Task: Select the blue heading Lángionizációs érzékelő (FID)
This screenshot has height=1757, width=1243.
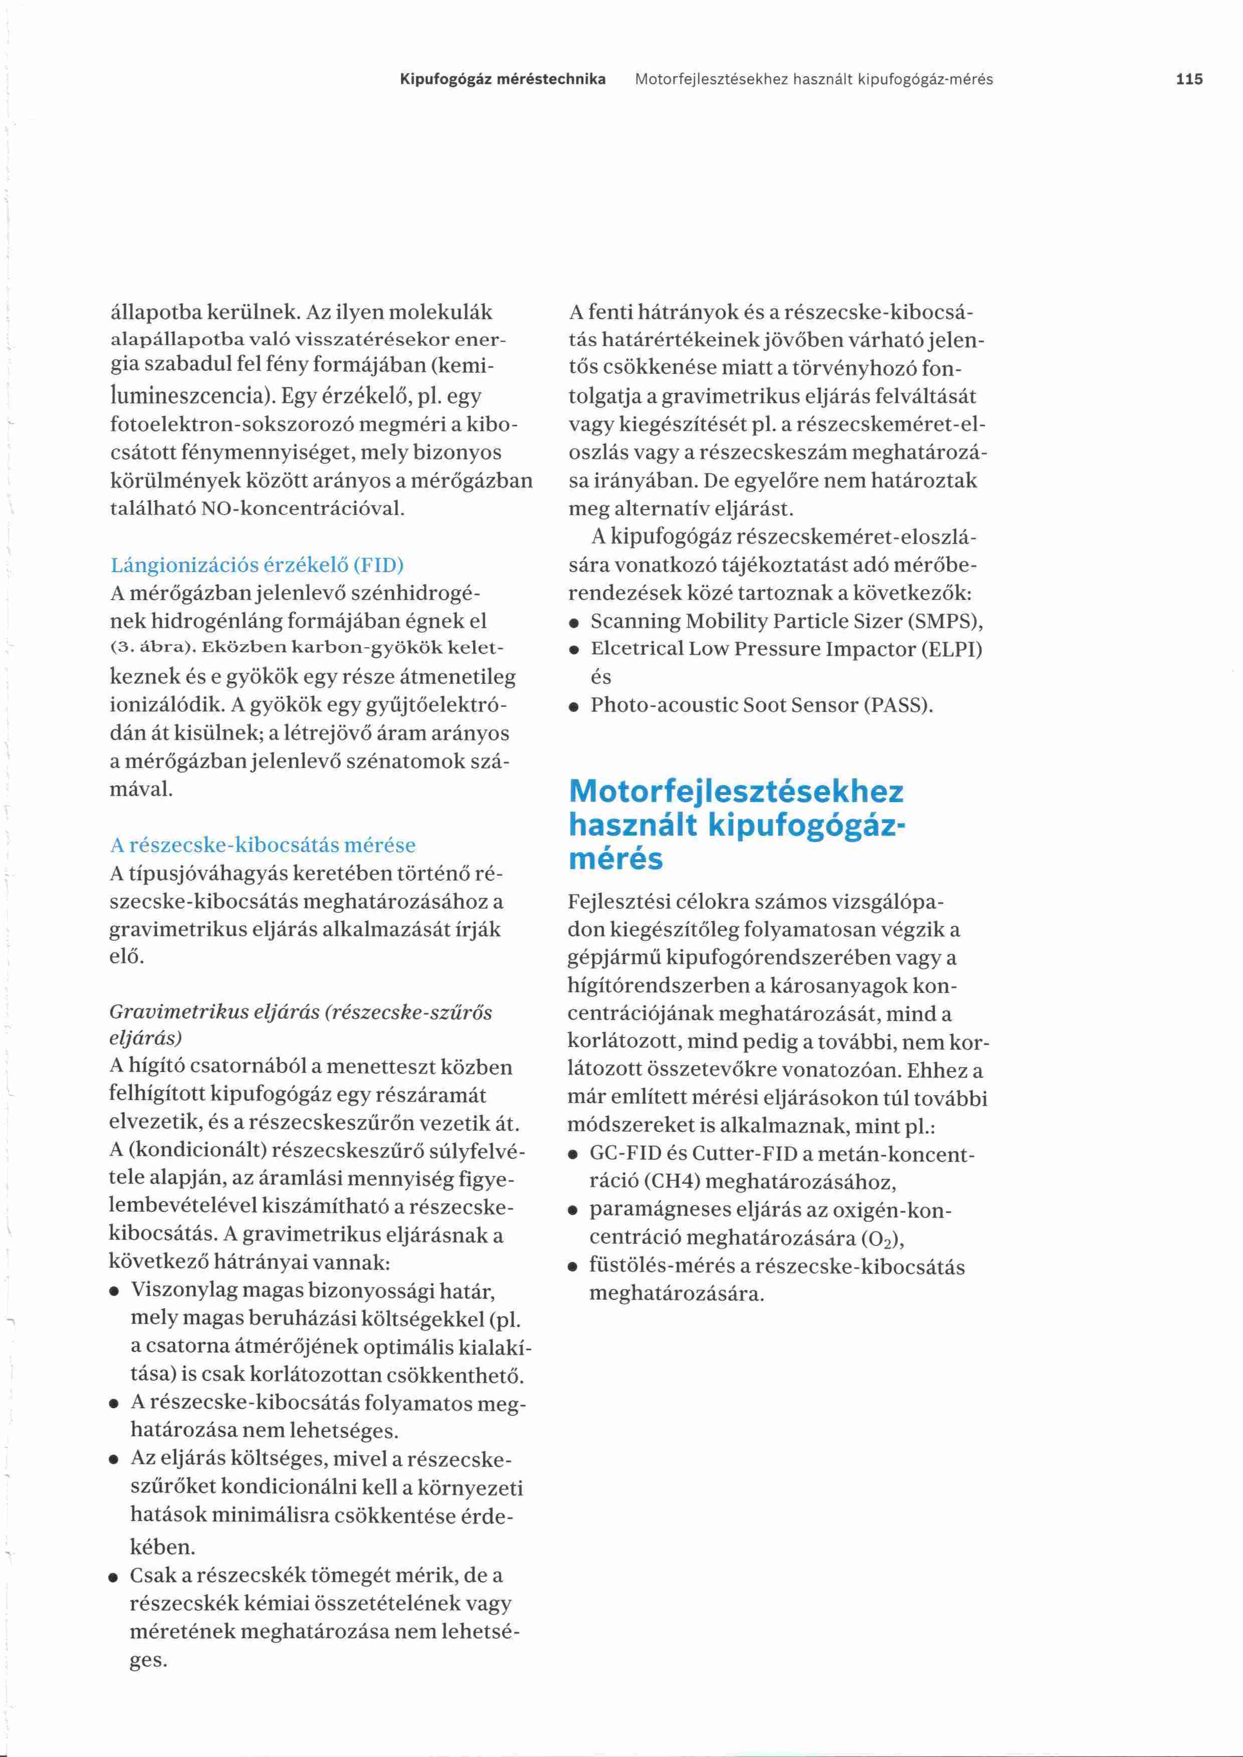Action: pyautogui.click(x=257, y=565)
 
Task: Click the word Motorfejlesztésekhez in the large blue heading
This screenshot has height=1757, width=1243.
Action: pyautogui.click(x=736, y=791)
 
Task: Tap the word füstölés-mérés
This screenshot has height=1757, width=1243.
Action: pyautogui.click(x=668, y=1267)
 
